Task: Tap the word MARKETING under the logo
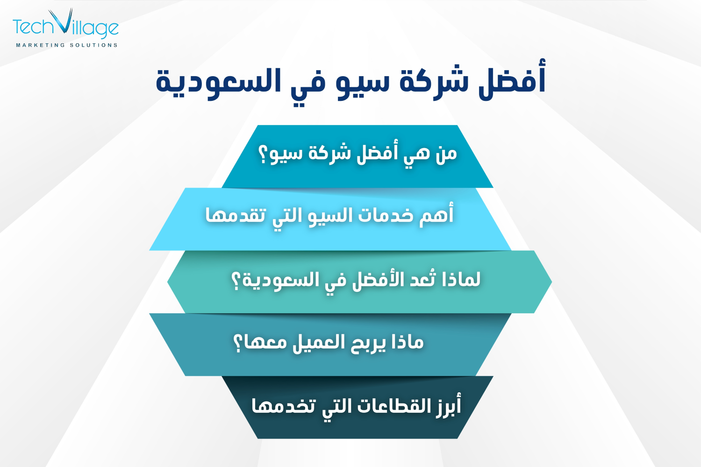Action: [x=41, y=45]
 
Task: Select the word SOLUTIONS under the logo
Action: [x=93, y=45]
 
